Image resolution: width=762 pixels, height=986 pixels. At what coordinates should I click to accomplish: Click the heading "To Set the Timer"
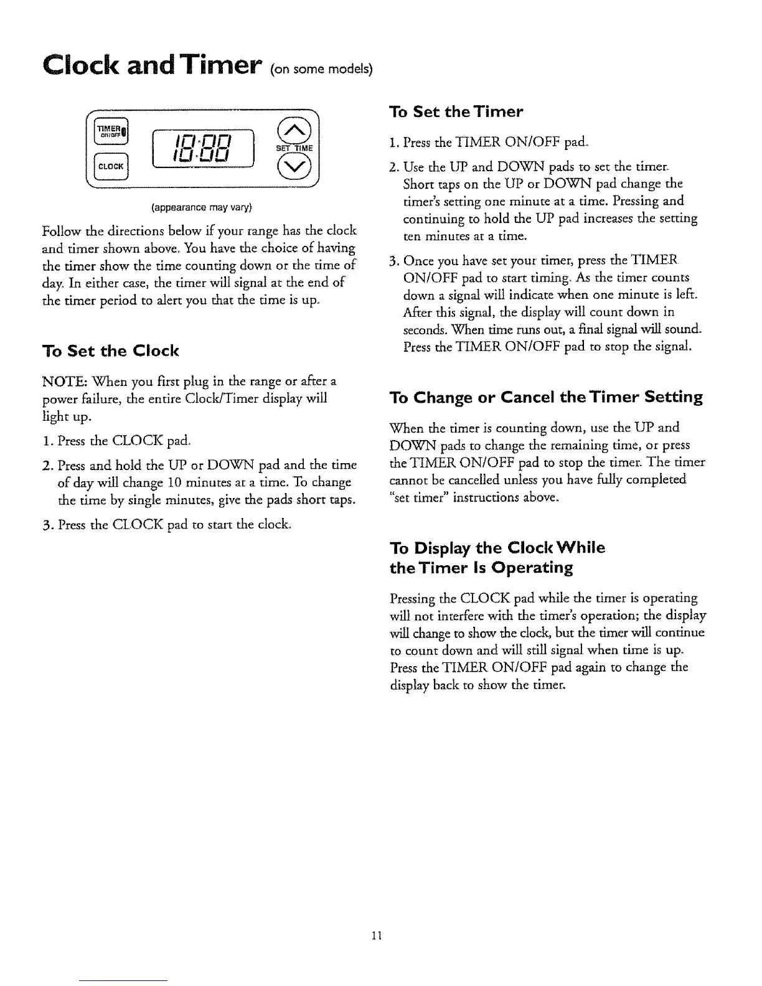[x=456, y=111]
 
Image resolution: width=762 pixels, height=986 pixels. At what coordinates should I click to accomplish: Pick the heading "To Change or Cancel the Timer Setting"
[x=545, y=397]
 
